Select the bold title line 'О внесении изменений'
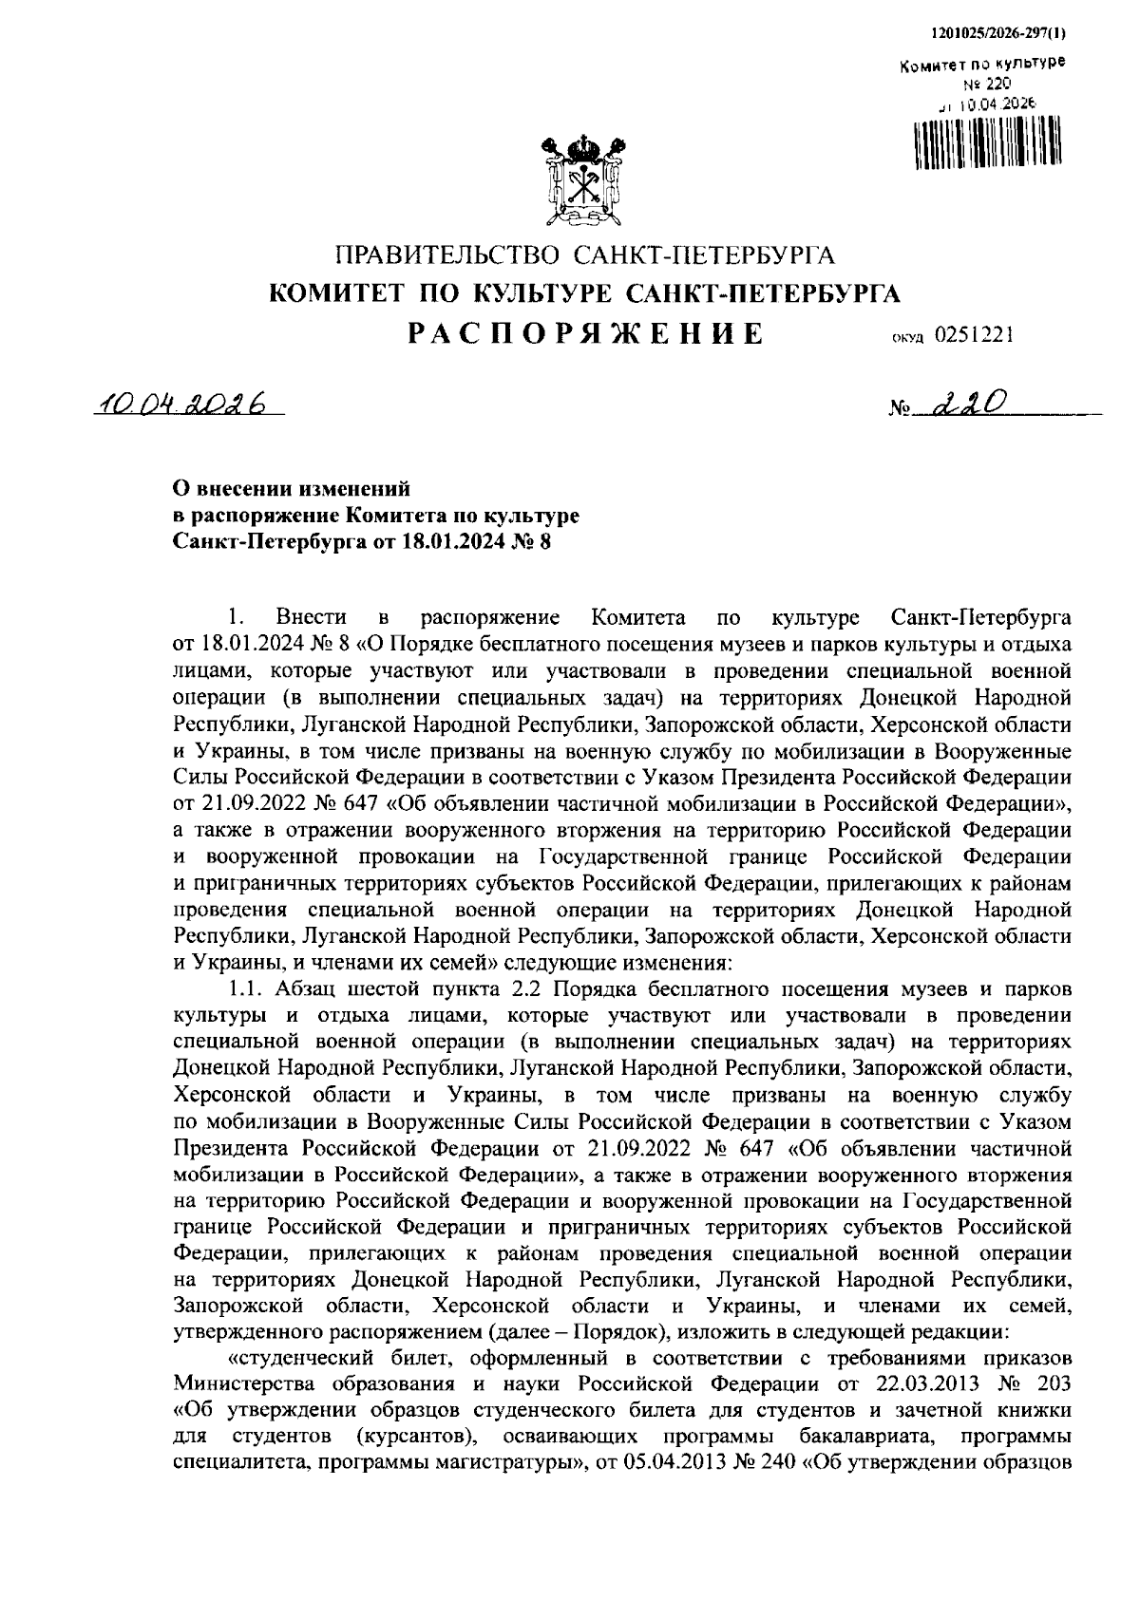290,489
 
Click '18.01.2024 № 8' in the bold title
473,543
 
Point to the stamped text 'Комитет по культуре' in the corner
981,65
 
